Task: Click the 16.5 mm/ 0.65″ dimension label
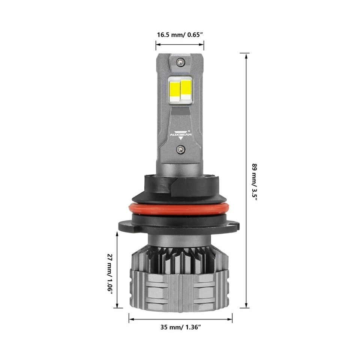(180, 35)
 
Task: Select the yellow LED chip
(175, 89)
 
